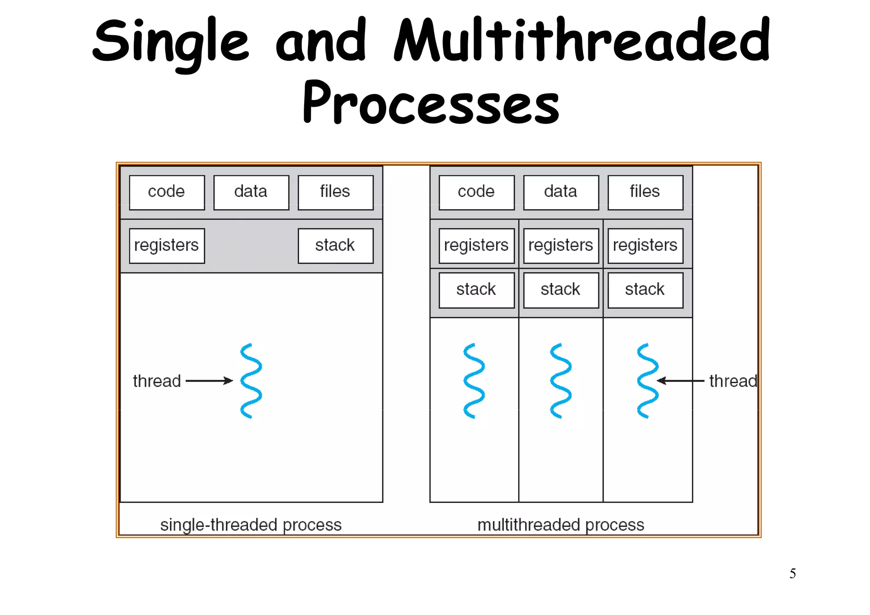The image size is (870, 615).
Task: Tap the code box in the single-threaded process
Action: pos(167,192)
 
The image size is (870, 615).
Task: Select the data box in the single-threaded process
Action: pos(251,192)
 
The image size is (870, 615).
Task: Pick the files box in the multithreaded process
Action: pos(645,192)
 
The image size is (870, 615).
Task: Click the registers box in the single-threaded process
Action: pos(167,246)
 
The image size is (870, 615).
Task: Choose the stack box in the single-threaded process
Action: pos(335,246)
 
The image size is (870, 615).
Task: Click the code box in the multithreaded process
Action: pos(476,192)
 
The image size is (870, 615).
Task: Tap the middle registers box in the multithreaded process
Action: pos(561,246)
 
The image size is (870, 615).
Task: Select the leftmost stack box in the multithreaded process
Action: pos(476,290)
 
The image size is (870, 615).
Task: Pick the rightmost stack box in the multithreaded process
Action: pos(645,290)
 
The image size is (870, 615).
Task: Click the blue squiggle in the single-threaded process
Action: pos(251,380)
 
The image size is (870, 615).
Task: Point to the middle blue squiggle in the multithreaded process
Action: pos(561,380)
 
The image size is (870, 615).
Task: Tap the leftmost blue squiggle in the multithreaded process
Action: pos(474,380)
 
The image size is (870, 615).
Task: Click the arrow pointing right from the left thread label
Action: pos(209,380)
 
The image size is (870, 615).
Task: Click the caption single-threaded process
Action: pos(251,525)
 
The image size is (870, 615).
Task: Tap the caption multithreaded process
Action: pos(561,525)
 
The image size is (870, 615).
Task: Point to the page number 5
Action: pos(792,574)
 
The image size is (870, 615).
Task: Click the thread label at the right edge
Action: pos(733,381)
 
